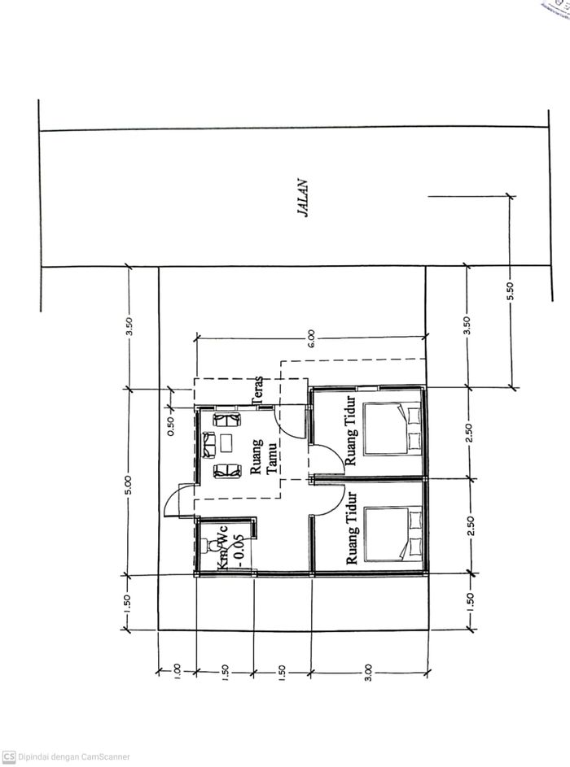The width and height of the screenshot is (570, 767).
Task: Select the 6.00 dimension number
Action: tap(311, 339)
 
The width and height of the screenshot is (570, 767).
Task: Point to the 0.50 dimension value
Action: tap(170, 426)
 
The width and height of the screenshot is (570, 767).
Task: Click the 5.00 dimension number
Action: tap(128, 482)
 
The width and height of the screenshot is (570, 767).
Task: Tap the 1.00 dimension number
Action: tap(178, 673)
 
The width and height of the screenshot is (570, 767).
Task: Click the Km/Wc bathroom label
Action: tap(220, 550)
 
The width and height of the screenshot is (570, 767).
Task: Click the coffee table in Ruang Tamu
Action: tap(226, 444)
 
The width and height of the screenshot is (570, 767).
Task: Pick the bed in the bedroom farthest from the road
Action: tap(394, 534)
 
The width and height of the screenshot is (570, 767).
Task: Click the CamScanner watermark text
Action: tap(74, 756)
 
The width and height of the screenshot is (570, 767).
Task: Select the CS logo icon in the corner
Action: tap(9, 756)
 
